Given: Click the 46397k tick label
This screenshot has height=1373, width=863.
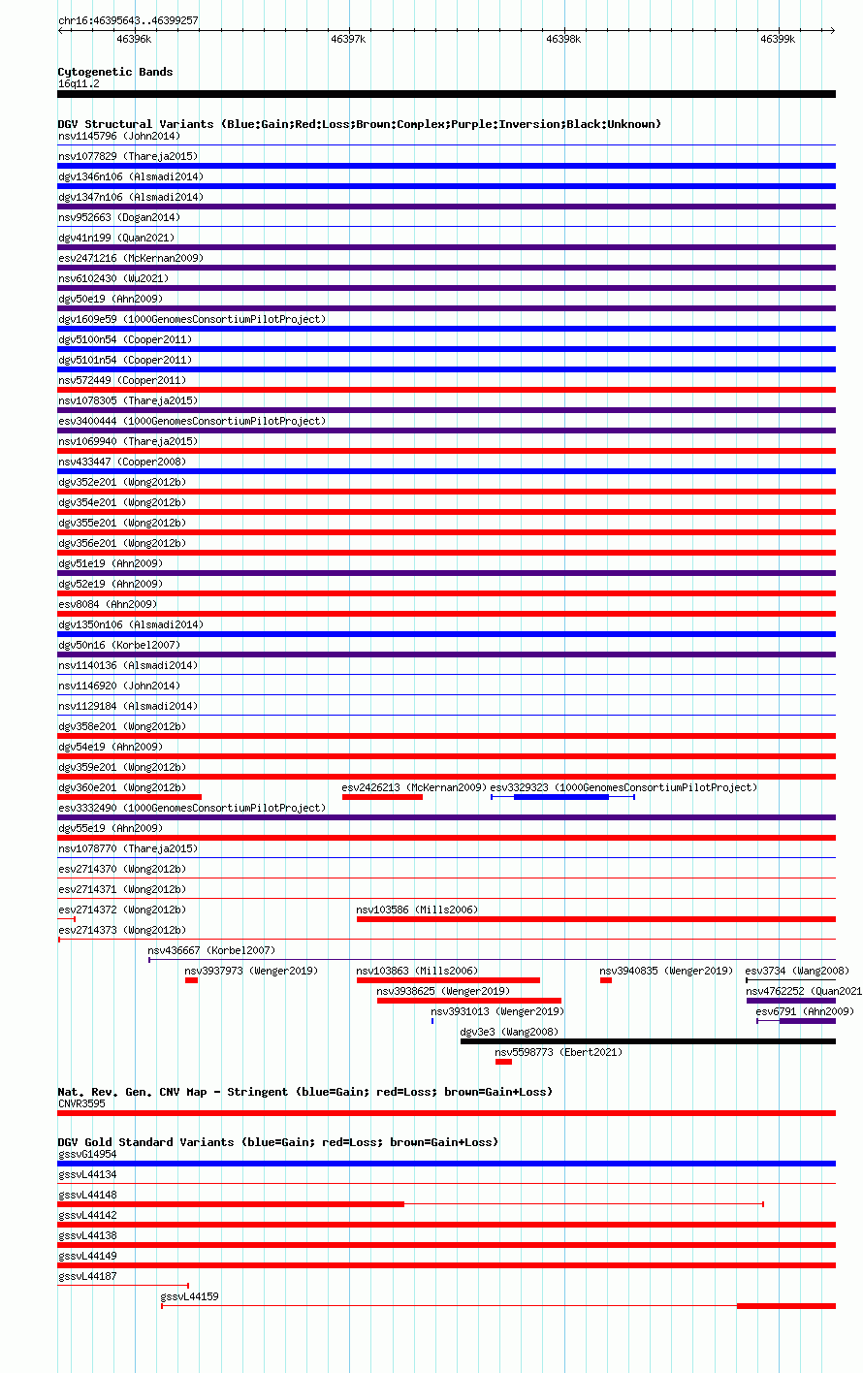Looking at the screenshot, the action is (x=347, y=39).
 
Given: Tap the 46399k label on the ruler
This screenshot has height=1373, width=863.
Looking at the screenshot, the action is (x=778, y=39).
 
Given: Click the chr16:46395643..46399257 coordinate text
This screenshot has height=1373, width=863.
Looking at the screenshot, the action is (x=128, y=20).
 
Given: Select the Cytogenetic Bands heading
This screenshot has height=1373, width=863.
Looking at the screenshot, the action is (x=115, y=72).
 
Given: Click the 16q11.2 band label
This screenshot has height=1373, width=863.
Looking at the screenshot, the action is (x=79, y=83).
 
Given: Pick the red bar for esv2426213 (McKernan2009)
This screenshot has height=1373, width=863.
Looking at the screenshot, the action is (x=382, y=797).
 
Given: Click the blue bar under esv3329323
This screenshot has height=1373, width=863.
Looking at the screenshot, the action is (x=561, y=797).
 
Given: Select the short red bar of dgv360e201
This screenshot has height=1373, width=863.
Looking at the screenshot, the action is (x=129, y=797).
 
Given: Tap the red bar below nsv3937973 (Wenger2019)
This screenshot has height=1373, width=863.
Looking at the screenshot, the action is (x=191, y=980).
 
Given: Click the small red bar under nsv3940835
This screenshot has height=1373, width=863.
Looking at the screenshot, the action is (x=606, y=980).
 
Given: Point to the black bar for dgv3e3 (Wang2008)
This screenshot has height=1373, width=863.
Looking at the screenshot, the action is (x=648, y=1041).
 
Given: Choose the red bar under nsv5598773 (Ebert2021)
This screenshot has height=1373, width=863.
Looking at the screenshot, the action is (x=503, y=1062).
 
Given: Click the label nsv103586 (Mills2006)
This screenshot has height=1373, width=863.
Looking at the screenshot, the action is (x=417, y=910).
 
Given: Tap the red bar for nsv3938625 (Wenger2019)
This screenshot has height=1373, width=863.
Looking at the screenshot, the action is (x=469, y=1001).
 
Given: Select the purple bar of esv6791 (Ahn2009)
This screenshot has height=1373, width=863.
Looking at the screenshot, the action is (x=807, y=1021).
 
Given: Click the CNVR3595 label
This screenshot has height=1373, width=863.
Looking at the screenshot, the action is (x=81, y=1103).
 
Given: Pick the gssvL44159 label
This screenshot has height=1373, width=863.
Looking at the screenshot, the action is (x=189, y=1296).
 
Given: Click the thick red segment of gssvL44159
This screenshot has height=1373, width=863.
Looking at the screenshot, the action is (x=786, y=1306).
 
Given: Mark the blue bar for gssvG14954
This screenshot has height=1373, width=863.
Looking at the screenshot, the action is (x=447, y=1164).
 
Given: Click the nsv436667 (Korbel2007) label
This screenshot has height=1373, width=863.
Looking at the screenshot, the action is (x=211, y=950).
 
